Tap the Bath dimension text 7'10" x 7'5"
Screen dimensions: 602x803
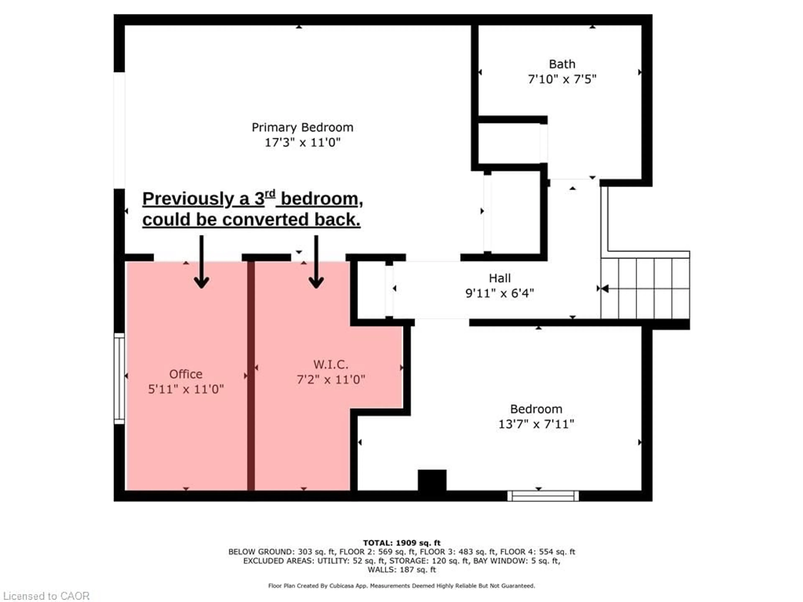tap(562, 79)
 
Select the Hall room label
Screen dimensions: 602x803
tap(500, 278)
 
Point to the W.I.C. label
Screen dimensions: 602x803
tap(330, 364)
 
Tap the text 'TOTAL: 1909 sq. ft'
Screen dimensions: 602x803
tap(401, 543)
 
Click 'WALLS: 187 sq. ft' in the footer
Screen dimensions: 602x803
tap(401, 570)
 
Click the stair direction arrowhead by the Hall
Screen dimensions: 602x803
tap(604, 288)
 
